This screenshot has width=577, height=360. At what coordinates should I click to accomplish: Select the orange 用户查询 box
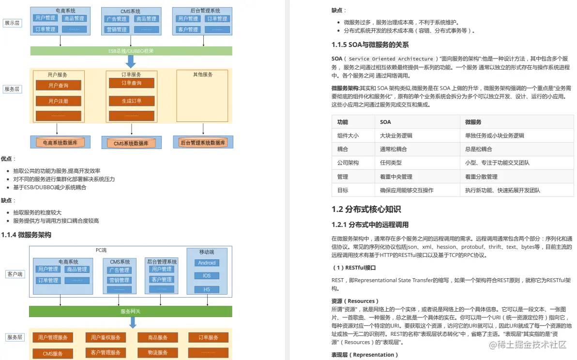[x=58, y=85]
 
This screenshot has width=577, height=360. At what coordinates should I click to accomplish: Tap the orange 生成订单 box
[x=131, y=101]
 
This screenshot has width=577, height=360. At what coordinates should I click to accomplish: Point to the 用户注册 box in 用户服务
[x=58, y=101]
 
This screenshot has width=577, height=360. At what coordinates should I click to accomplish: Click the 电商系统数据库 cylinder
[x=60, y=143]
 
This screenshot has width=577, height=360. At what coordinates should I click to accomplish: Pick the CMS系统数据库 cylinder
[x=131, y=143]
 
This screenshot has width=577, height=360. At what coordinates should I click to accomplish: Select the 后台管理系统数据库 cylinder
[x=203, y=143]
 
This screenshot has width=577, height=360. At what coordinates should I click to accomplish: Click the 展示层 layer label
[x=12, y=23]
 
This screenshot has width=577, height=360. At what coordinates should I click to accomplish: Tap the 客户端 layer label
[x=14, y=274]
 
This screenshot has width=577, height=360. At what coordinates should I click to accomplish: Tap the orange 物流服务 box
[x=158, y=353]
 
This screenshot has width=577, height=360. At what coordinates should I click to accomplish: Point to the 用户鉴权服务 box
[x=105, y=337]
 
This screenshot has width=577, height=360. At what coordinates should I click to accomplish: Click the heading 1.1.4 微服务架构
[x=26, y=235]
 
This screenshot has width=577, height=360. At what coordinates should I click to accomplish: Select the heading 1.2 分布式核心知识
[x=366, y=210]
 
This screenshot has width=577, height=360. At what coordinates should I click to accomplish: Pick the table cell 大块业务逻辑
[x=396, y=136]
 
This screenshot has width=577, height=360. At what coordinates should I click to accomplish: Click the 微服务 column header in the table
[x=473, y=122]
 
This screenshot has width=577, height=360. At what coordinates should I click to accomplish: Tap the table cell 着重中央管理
[x=396, y=177]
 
